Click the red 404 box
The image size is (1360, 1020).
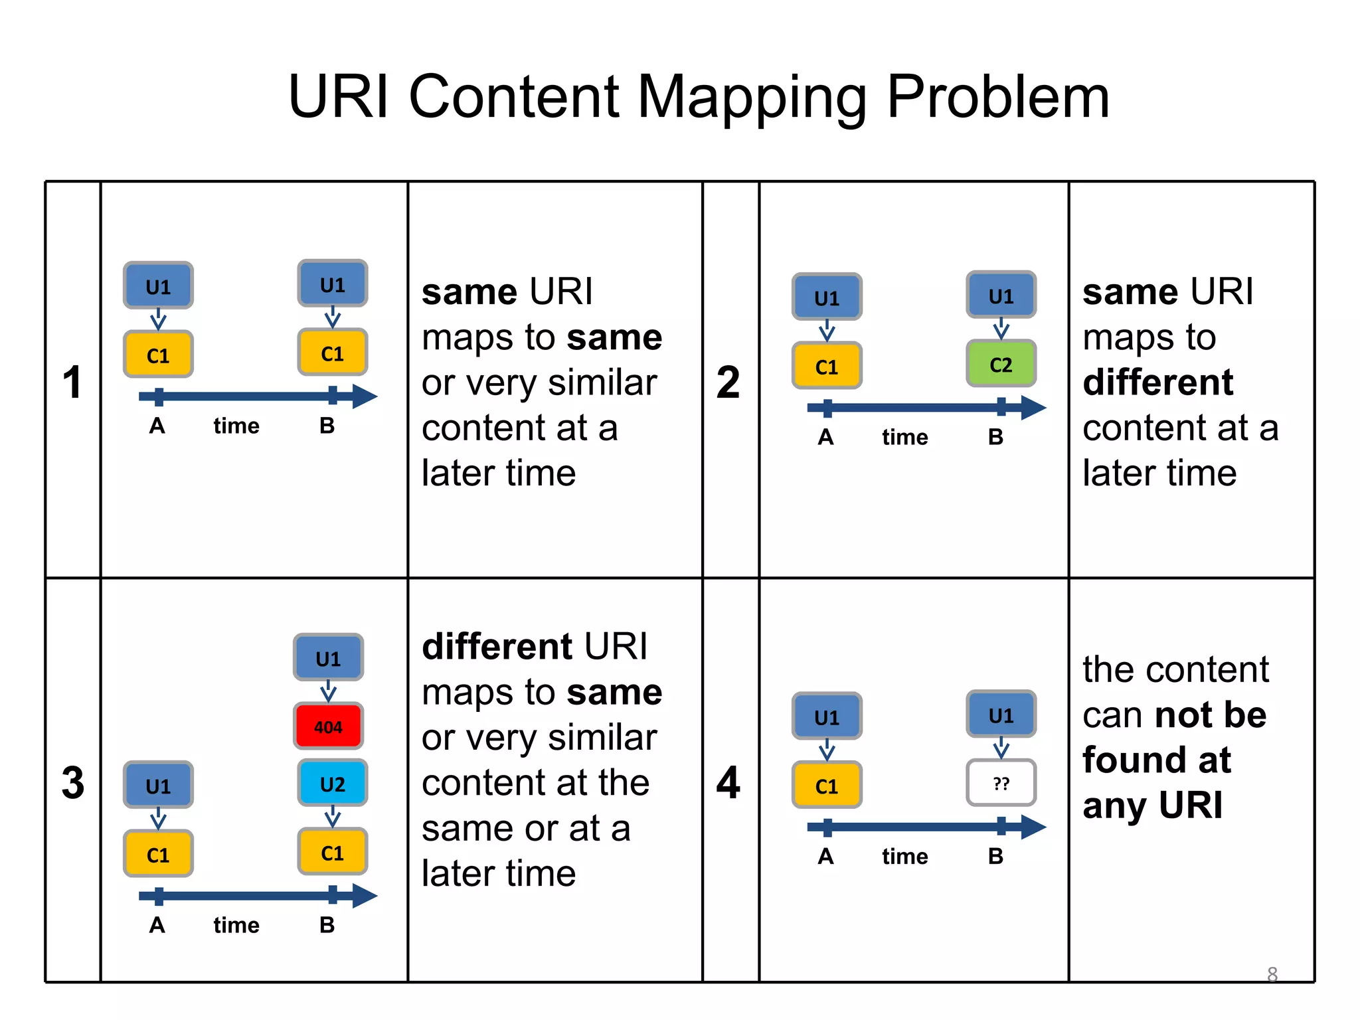pos(328,726)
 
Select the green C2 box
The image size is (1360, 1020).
pos(1001,364)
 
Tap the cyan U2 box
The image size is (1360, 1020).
pos(332,784)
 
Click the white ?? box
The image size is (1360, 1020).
pos(1001,784)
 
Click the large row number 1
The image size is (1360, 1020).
pos(72,382)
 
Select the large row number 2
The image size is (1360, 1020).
pos(728,382)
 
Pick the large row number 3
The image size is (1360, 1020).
pos(72,782)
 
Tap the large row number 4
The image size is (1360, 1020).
pos(728,782)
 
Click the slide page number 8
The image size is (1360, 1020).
pos(1272,974)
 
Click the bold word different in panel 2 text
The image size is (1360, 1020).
pos(1157,382)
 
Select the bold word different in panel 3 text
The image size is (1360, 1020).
pos(497,646)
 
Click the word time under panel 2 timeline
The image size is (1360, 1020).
pos(904,437)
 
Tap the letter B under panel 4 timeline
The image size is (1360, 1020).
pos(995,856)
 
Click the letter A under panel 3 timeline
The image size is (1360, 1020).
pos(157,924)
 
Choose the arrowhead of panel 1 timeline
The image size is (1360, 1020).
pos(365,396)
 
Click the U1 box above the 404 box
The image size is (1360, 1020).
pos(328,658)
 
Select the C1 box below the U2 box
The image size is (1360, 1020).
pos(332,853)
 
